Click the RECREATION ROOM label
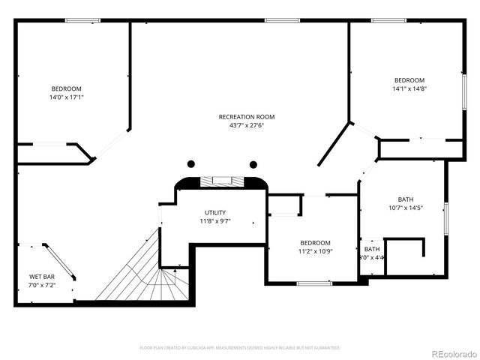click(x=247, y=116)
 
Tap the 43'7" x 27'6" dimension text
click(x=247, y=125)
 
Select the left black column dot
click(x=191, y=164)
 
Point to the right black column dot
click(x=253, y=164)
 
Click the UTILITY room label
click(x=215, y=212)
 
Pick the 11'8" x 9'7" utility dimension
click(x=215, y=221)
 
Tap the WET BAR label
click(x=40, y=277)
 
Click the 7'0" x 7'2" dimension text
click(x=40, y=286)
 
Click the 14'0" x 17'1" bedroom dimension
click(x=67, y=97)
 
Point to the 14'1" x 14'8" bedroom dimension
click(x=409, y=89)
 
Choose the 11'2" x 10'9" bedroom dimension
click(x=316, y=251)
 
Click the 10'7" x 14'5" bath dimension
click(x=406, y=208)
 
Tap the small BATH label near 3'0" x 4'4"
click(x=372, y=249)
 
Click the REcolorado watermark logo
click(x=450, y=352)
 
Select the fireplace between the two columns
click(x=222, y=181)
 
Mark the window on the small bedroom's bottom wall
click(x=315, y=283)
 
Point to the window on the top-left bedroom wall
click(x=82, y=20)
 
